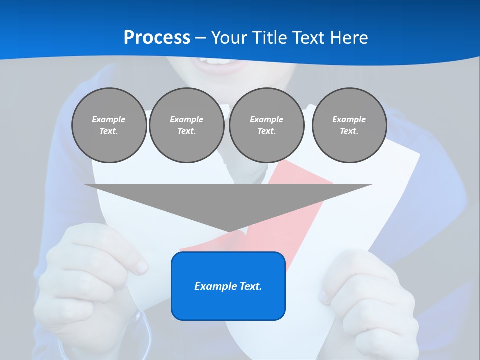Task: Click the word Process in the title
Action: click(157, 37)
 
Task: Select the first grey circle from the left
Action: click(109, 125)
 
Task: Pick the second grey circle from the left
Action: click(186, 125)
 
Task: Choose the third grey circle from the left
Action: click(266, 125)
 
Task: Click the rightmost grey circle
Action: click(349, 125)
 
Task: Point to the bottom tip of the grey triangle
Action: click(229, 231)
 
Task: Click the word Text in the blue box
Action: click(250, 286)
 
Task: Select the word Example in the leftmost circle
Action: click(109, 119)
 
